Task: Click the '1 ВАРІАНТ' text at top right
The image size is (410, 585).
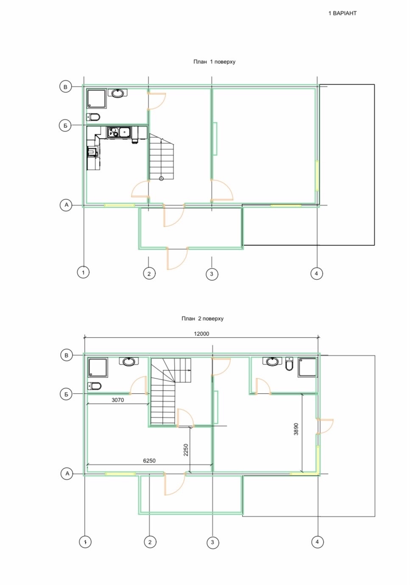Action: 342,13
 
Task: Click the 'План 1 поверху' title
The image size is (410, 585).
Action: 214,62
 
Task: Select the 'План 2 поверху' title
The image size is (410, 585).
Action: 202,318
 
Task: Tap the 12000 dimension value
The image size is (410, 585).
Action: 201,334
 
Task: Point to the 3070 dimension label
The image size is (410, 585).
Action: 117,400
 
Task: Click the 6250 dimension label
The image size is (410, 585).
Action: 149,461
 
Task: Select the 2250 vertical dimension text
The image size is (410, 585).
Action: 186,450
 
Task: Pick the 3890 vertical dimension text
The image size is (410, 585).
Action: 296,429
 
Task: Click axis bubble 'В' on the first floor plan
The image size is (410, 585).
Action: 65,87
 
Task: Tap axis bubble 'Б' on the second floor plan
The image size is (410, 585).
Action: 66,394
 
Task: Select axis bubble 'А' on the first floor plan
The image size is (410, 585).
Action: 66,205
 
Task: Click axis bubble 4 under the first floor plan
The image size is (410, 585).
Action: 316,273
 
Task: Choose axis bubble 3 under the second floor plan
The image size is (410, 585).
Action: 212,542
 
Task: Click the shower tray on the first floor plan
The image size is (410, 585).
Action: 96,99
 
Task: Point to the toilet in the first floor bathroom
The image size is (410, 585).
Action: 93,117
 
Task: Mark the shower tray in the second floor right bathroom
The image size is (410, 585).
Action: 307,367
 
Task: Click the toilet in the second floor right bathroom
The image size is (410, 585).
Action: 290,364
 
